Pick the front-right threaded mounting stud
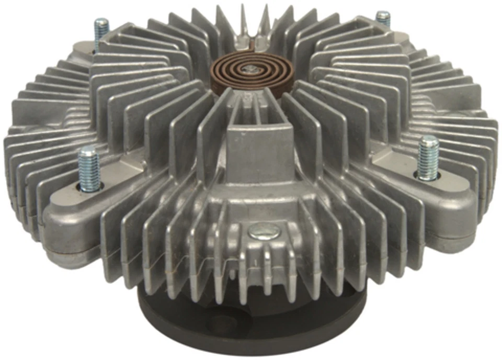click(x=427, y=158)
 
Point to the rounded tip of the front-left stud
click(x=87, y=152)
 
